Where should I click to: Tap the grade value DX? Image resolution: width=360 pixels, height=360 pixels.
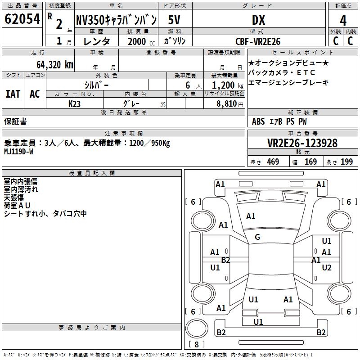click(x=258, y=19)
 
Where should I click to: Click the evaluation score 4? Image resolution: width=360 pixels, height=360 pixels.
click(x=343, y=21)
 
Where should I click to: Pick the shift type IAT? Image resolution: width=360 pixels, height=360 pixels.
click(x=13, y=94)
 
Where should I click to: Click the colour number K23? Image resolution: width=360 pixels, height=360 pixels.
click(x=75, y=103)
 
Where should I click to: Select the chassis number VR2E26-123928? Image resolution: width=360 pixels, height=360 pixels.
click(x=302, y=143)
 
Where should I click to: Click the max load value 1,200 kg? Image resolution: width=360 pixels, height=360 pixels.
click(x=224, y=85)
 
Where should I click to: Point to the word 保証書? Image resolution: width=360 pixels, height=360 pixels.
click(x=15, y=121)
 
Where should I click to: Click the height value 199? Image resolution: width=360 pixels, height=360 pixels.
click(x=346, y=162)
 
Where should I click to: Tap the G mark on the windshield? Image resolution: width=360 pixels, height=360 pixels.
click(x=257, y=237)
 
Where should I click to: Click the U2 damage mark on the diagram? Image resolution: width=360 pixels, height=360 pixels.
click(x=327, y=268)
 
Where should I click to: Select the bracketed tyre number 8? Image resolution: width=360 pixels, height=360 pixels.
click(x=196, y=344)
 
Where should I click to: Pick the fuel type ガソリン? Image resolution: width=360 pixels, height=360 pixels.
click(x=175, y=41)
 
